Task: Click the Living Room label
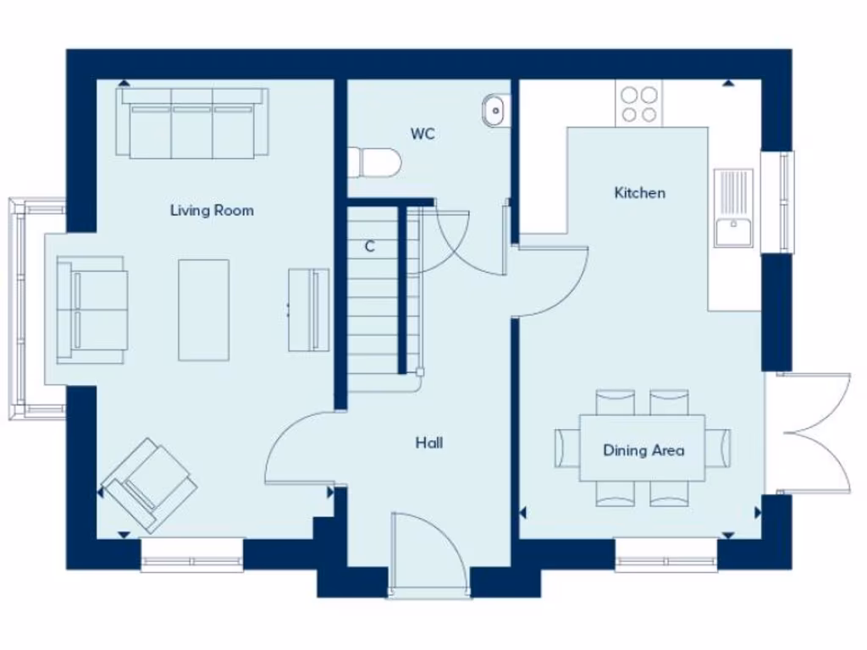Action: click(x=212, y=210)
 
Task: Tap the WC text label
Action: click(x=422, y=134)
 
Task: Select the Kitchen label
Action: click(x=639, y=193)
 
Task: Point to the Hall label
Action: click(x=428, y=443)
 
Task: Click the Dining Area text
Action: click(x=643, y=450)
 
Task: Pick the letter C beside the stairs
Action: click(x=370, y=247)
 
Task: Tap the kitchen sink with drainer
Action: click(x=733, y=208)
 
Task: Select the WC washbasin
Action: click(x=494, y=110)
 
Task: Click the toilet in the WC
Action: click(x=373, y=162)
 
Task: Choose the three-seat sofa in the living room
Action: click(x=193, y=123)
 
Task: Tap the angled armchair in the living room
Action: click(x=149, y=485)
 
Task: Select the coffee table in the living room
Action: click(x=203, y=310)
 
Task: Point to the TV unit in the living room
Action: click(x=308, y=310)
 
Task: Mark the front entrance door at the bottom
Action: click(x=429, y=554)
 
